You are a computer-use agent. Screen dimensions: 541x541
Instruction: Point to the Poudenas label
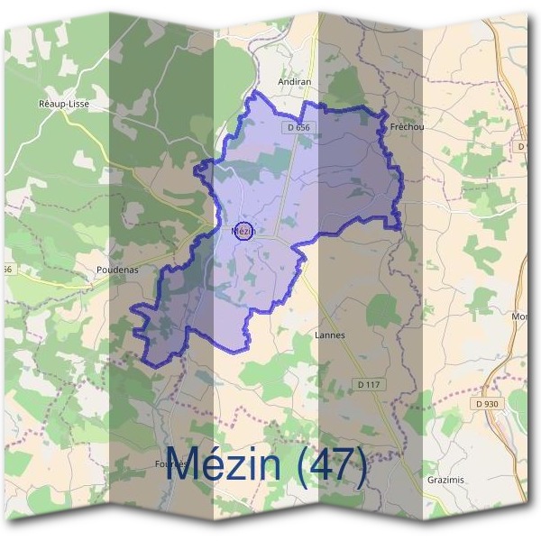pyautogui.click(x=115, y=269)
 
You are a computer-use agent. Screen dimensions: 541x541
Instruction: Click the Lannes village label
pyautogui.click(x=330, y=335)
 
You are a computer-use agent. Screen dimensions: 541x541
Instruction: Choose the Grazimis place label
pyautogui.click(x=445, y=480)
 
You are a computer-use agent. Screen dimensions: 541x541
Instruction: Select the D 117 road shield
pyautogui.click(x=368, y=384)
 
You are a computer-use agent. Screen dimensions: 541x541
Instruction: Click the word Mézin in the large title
pyautogui.click(x=226, y=466)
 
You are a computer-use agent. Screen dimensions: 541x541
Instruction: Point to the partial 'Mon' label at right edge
pyautogui.click(x=519, y=316)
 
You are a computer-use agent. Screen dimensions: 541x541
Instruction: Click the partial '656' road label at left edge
pyautogui.click(x=6, y=269)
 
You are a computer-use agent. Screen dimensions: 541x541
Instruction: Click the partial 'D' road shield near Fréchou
pyautogui.click(x=522, y=145)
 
